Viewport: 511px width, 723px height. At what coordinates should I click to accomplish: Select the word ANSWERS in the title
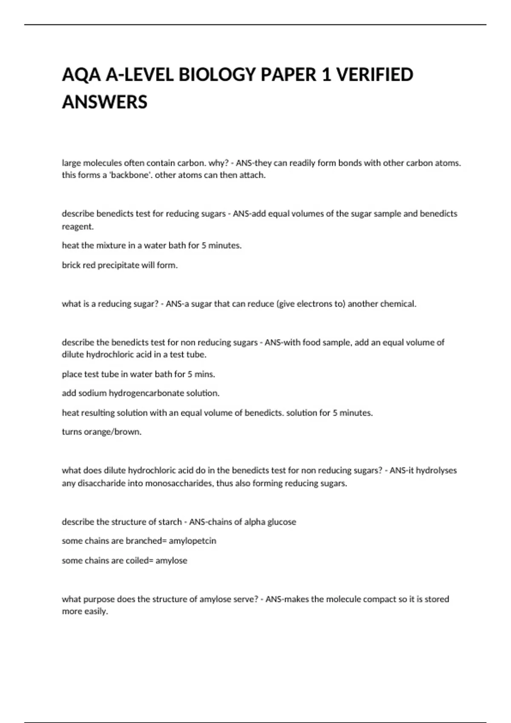tap(105, 102)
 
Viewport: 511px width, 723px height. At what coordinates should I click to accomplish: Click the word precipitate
tap(118, 265)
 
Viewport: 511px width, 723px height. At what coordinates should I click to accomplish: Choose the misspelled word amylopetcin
tap(192, 541)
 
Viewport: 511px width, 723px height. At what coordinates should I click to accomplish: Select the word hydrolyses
tap(436, 470)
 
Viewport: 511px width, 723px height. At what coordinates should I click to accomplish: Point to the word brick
tap(71, 265)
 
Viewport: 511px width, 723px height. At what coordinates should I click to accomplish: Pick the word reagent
tap(77, 227)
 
